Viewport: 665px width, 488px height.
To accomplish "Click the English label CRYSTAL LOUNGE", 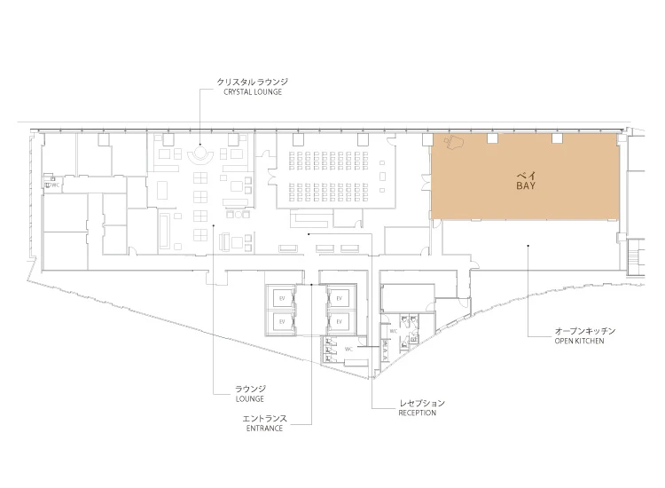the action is point(253,92).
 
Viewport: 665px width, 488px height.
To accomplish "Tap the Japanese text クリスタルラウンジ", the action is point(253,82).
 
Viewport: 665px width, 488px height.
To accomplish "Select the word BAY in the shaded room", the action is point(526,185).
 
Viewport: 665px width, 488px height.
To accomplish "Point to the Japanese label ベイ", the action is point(526,176).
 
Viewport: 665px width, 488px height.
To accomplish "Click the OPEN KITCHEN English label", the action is point(579,341).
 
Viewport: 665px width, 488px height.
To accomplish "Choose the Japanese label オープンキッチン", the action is point(585,331).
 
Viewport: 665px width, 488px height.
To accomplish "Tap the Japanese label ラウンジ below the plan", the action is point(250,389).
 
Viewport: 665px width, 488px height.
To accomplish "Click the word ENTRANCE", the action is point(264,429).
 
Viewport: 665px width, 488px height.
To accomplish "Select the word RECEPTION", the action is point(418,413).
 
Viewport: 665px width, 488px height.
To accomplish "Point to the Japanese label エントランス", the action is point(264,419).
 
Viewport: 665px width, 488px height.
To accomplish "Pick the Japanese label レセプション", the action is point(421,403).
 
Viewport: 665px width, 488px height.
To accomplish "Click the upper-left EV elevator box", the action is point(282,299).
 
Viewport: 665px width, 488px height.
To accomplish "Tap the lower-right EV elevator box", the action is point(339,322).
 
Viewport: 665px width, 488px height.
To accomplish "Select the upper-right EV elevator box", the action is point(339,299).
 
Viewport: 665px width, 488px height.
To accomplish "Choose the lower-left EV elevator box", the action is point(282,322).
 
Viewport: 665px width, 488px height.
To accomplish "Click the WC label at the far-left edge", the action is point(54,185).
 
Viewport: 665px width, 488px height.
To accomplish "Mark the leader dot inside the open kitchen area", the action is point(528,245).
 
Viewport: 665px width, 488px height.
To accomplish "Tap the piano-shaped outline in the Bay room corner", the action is point(454,143).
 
